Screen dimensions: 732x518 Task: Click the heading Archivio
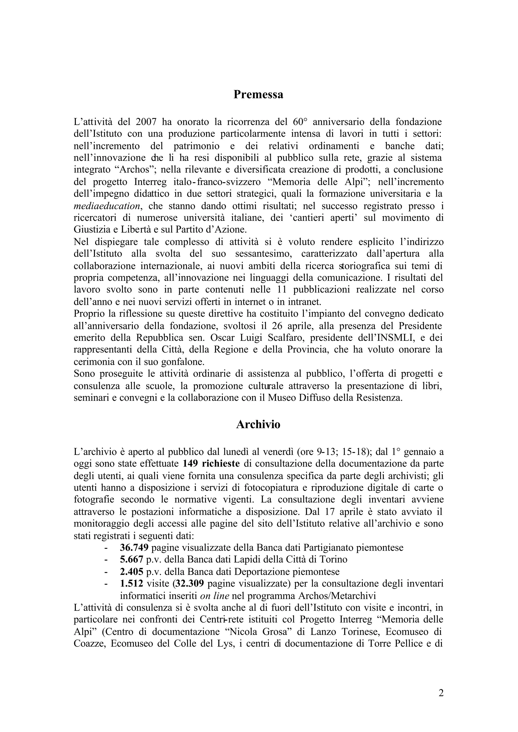258,424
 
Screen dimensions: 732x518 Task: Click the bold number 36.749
134,548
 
